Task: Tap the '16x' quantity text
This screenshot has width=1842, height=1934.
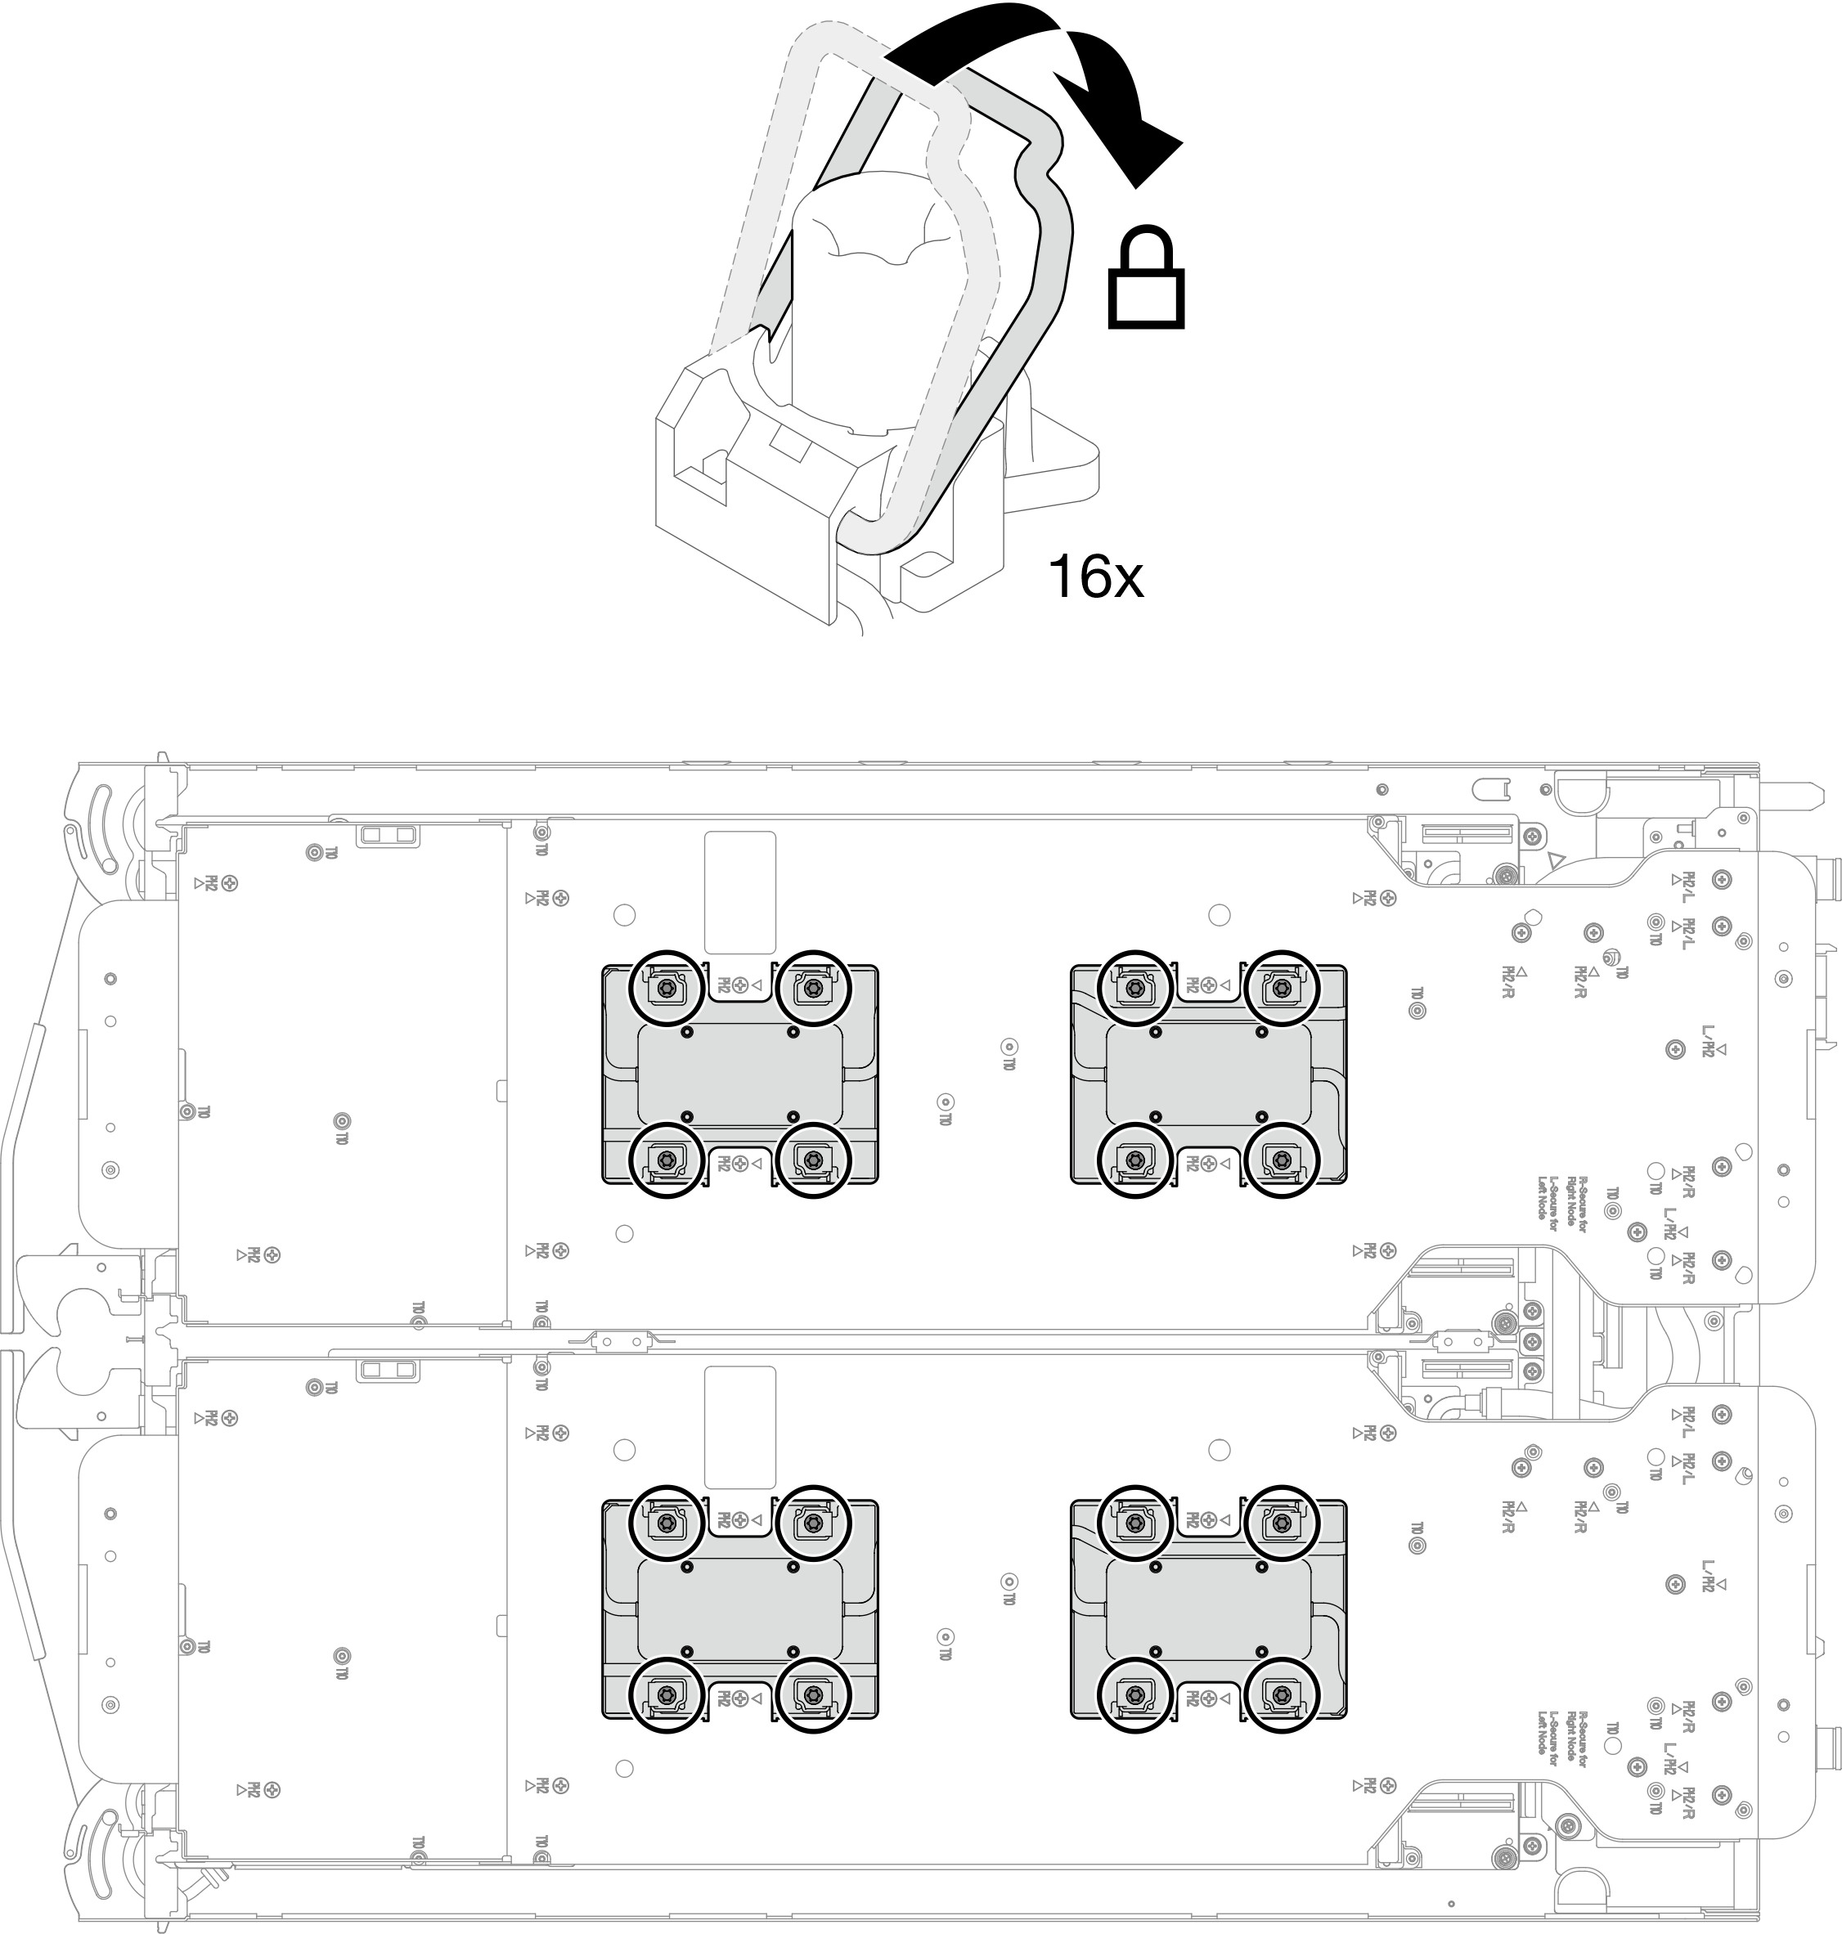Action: click(1094, 577)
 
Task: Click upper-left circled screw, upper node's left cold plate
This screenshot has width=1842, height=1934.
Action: click(667, 988)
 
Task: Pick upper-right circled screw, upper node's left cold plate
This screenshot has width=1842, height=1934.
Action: click(812, 988)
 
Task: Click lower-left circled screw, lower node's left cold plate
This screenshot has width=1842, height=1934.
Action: click(667, 1694)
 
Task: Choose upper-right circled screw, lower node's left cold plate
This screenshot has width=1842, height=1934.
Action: click(812, 1523)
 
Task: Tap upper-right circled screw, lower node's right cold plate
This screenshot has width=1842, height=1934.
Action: click(1280, 1523)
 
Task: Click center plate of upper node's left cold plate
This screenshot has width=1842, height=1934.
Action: click(739, 1075)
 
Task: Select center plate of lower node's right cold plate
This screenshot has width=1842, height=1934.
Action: click(1208, 1609)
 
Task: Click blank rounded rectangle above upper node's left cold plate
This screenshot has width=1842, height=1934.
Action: click(739, 892)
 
